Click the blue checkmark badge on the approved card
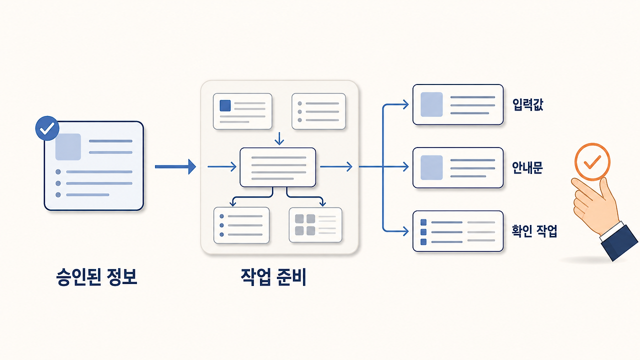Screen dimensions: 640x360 47,128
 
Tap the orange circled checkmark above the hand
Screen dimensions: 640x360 592,161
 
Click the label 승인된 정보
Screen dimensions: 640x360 96,277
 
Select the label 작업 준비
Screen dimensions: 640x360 273,277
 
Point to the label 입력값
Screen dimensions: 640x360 527,104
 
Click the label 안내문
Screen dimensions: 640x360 527,167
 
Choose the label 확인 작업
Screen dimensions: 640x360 534,231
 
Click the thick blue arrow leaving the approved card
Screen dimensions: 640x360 175,166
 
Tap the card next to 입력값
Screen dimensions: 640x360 458,104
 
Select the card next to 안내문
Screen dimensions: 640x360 458,167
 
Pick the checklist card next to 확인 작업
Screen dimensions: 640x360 458,231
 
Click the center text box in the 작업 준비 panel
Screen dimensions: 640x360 277,167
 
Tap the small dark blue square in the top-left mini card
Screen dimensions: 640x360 225,105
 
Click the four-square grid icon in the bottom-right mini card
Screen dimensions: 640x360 305,225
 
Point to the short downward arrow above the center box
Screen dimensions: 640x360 279,138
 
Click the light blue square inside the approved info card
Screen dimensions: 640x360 68,147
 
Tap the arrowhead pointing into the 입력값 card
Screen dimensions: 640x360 405,104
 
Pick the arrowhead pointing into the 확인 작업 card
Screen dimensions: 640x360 405,231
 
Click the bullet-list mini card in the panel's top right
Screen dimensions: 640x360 318,111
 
